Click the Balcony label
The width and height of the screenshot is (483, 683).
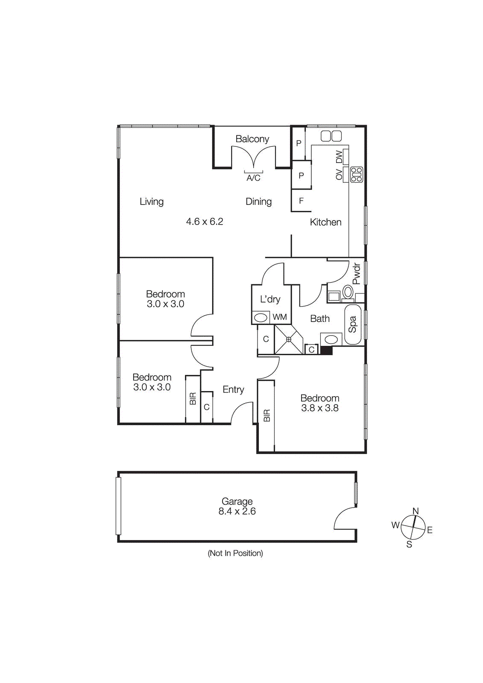pos(252,139)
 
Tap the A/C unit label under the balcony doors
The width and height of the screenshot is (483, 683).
pos(253,178)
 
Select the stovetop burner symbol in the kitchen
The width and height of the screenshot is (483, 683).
pos(357,175)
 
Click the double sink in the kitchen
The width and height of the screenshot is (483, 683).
pos(331,136)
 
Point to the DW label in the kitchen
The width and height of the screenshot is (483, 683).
pos(339,157)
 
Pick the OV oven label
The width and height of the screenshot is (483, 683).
pos(339,175)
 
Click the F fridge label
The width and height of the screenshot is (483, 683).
pos(301,201)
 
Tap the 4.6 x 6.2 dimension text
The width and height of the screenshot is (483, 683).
pos(205,222)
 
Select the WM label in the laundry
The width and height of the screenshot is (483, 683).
pos(280,317)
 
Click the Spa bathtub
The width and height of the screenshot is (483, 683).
pos(353,324)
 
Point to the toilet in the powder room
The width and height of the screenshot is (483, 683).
pos(348,292)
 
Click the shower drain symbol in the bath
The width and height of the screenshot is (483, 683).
pos(289,339)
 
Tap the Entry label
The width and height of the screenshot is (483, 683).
pos(233,389)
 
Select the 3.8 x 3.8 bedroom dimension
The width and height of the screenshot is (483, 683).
pos(319,408)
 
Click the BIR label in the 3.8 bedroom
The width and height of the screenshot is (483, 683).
pos(267,415)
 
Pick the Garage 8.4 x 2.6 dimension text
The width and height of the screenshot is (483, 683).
pos(237,511)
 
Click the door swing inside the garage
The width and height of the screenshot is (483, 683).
pos(345,519)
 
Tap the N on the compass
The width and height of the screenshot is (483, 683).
pos(416,511)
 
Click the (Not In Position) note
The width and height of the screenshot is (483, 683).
pos(235,553)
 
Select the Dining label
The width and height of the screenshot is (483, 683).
pos(258,201)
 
